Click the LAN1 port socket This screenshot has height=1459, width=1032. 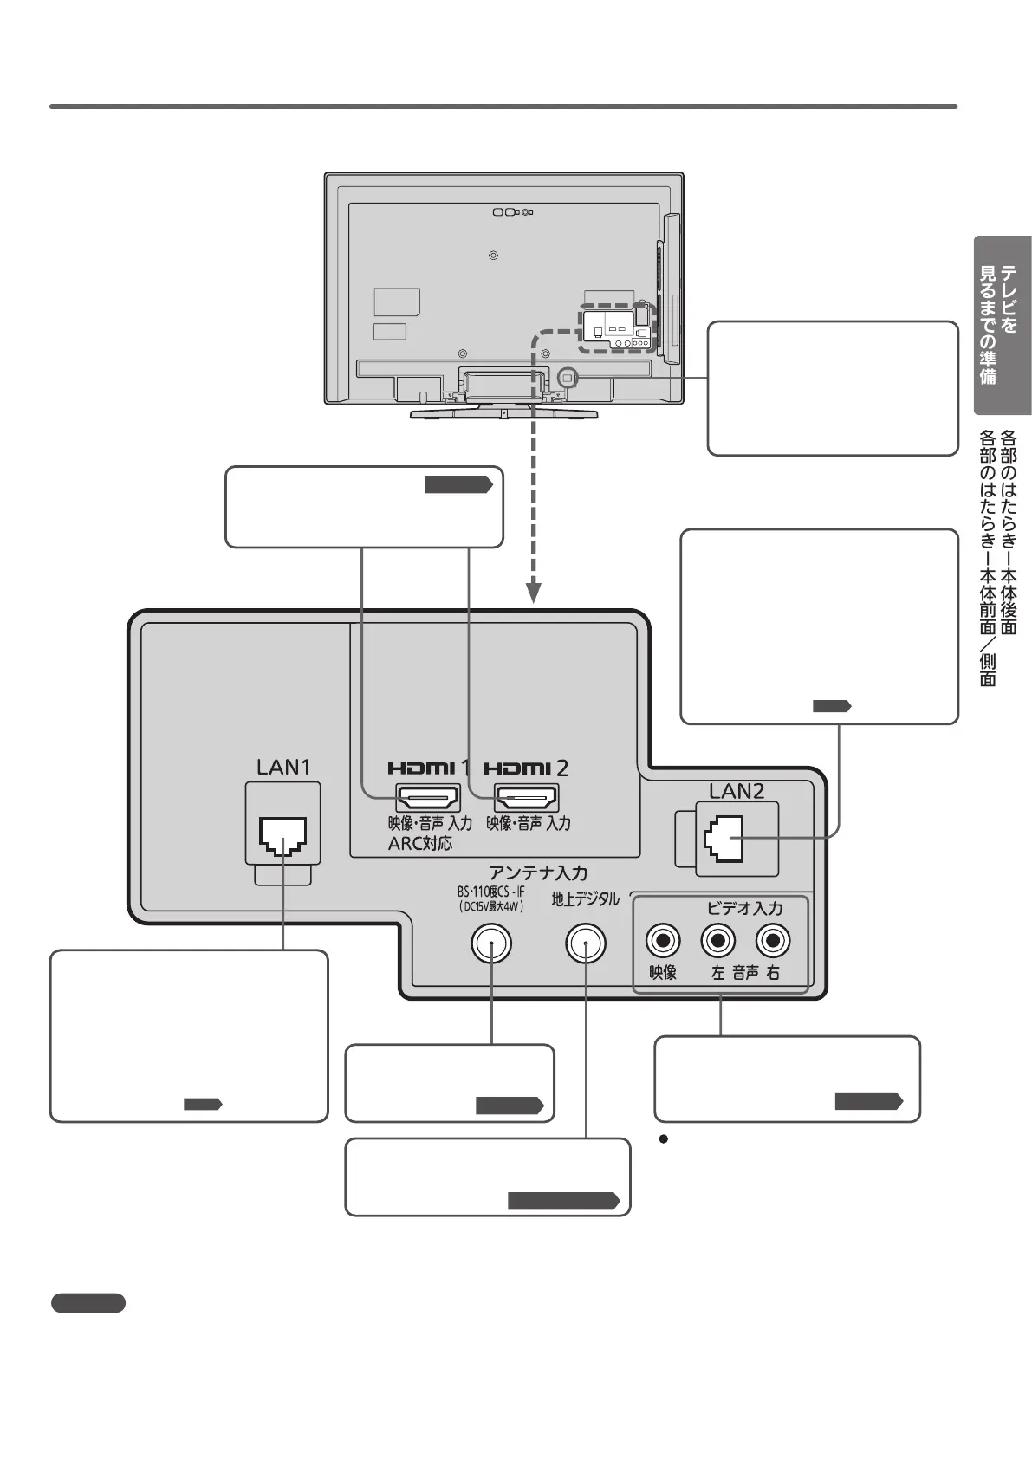click(282, 836)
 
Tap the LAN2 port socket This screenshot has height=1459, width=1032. click(724, 839)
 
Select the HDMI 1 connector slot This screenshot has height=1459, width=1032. click(428, 797)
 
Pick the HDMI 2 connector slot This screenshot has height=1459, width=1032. click(527, 797)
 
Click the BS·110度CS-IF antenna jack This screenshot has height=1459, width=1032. click(491, 943)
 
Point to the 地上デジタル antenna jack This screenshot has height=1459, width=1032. click(586, 943)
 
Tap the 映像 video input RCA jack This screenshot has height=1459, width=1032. click(663, 941)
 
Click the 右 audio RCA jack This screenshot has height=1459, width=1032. click(773, 941)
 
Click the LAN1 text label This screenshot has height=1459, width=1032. click(283, 767)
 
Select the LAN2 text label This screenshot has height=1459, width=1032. click(737, 791)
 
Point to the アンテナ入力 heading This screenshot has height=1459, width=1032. click(538, 872)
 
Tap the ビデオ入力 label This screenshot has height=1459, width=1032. click(744, 908)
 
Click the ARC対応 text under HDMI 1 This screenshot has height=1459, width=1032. click(419, 844)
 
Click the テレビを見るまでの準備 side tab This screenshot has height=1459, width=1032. click(1002, 325)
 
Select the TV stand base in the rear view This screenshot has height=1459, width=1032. click(503, 413)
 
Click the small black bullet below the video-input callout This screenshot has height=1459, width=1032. click(663, 1139)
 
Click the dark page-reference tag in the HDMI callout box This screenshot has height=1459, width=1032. click(458, 484)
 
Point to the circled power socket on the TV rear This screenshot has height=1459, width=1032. click(567, 377)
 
